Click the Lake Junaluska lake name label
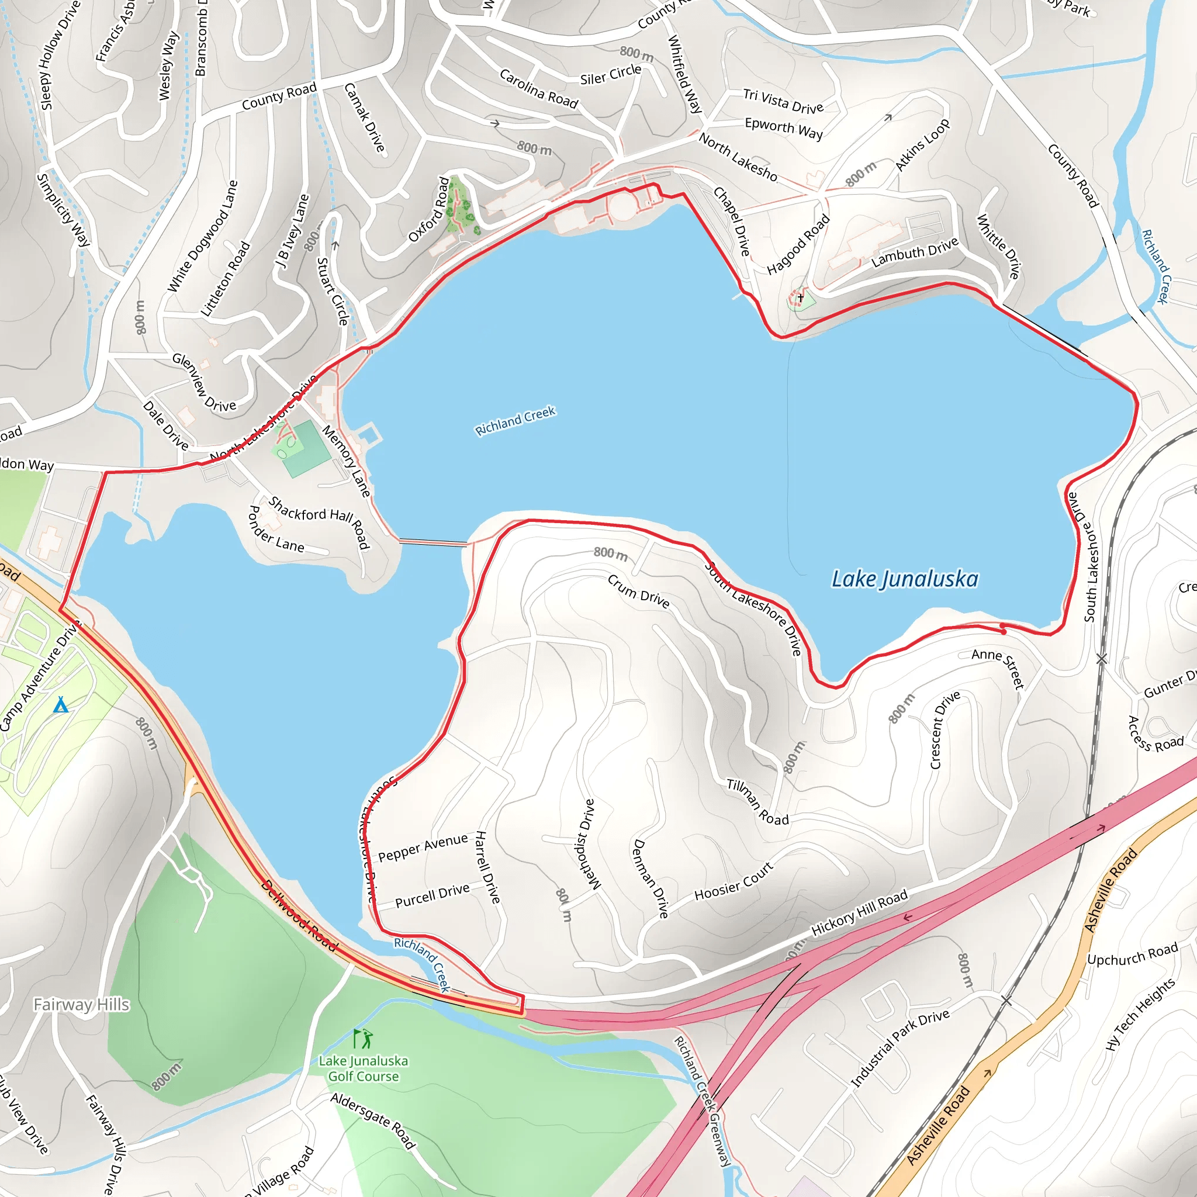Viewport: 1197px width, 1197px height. tap(904, 579)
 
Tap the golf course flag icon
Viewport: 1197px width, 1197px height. tap(362, 1039)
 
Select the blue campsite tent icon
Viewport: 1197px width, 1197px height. tap(61, 705)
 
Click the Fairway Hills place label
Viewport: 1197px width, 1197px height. tap(81, 1004)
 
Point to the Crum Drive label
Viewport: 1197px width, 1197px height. tap(638, 591)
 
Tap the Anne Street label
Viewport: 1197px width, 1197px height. tap(998, 668)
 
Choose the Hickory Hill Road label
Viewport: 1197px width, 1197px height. tap(859, 912)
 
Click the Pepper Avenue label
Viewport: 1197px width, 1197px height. tap(423, 847)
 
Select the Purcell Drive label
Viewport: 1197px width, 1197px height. tap(433, 895)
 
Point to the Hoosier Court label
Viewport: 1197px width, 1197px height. tap(734, 881)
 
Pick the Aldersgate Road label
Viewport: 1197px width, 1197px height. tap(372, 1120)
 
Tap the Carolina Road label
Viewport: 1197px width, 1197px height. tap(538, 89)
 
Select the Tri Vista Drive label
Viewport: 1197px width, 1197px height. tap(783, 101)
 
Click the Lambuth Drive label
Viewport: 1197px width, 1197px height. tap(915, 252)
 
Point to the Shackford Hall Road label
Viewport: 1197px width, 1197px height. tap(320, 523)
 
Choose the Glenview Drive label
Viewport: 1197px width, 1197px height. tap(204, 382)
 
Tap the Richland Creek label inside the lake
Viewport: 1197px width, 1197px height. tap(516, 421)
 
